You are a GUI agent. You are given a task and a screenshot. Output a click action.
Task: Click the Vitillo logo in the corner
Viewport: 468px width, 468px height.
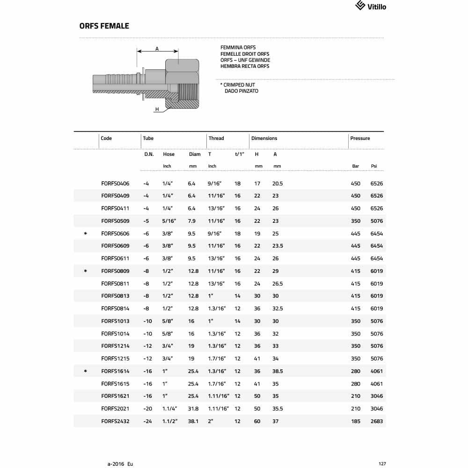(x=371, y=6)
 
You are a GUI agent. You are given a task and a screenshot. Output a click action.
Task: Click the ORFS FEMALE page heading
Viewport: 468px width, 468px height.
(x=104, y=26)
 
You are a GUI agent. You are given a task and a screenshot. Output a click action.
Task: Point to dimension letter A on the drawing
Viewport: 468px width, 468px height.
(x=157, y=48)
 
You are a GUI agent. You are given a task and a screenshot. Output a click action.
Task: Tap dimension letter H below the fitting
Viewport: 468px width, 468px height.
(x=157, y=110)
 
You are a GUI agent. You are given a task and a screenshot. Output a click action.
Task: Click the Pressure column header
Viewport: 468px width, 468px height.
(x=360, y=139)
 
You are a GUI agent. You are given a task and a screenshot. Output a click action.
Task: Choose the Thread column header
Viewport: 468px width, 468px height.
(x=216, y=139)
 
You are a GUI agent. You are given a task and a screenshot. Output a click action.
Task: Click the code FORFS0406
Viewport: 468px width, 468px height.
(x=115, y=183)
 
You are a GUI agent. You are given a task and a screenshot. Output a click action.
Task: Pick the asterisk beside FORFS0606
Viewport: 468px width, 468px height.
(x=85, y=234)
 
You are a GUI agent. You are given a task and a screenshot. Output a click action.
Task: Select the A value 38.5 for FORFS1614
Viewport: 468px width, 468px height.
(x=278, y=371)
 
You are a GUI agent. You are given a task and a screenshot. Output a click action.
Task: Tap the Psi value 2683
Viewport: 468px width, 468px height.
(x=376, y=421)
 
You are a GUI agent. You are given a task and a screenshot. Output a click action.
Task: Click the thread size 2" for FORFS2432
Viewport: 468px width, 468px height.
(x=211, y=421)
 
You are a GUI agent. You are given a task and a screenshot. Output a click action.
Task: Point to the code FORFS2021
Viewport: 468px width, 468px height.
(x=115, y=409)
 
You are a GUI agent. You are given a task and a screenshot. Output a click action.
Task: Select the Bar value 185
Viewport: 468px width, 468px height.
(x=356, y=421)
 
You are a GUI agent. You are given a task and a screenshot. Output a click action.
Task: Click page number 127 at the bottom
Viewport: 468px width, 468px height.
(x=382, y=464)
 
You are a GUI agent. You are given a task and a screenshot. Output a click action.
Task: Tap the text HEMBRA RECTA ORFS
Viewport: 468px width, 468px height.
(x=245, y=66)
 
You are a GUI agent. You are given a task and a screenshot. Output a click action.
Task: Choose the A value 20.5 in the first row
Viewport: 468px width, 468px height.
(x=278, y=183)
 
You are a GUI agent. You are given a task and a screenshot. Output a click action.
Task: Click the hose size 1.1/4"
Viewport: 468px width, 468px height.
(x=169, y=409)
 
